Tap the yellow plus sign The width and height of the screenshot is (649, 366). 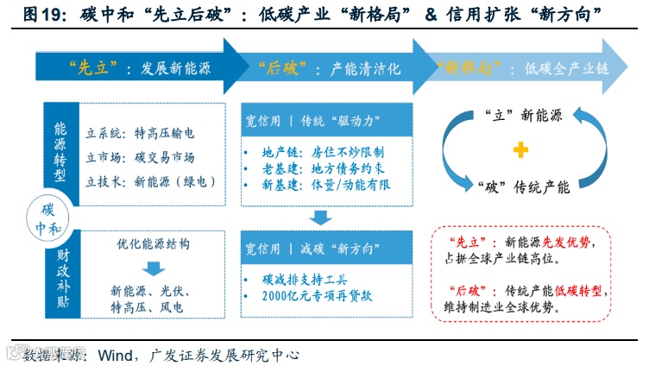pos(520,151)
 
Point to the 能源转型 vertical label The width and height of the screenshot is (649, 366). pos(60,150)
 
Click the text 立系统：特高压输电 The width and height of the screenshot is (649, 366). pos(140,133)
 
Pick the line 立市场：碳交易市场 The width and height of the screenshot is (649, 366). pos(140,157)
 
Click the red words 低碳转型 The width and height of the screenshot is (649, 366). pos(583,291)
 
